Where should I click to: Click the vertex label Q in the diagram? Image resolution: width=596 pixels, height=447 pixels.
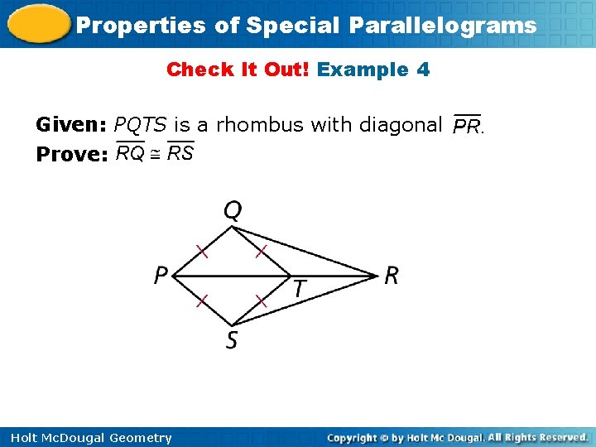233,211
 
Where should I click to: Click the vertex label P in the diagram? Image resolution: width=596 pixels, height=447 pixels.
161,275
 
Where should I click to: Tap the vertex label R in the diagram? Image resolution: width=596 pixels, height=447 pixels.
391,276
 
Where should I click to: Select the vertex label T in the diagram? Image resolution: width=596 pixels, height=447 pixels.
299,289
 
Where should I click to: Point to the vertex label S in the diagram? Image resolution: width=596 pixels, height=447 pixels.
232,339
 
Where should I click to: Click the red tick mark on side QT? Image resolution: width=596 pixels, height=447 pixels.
261,249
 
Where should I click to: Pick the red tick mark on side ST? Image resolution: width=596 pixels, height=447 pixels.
261,301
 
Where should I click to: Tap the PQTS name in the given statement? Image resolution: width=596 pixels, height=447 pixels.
141,125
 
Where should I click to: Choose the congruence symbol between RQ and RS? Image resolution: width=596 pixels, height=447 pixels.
155,154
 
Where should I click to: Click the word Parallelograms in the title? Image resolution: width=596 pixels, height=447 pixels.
442,26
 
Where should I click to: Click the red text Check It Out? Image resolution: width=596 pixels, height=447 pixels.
238,70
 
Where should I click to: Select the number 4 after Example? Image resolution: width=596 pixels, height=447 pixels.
424,70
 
